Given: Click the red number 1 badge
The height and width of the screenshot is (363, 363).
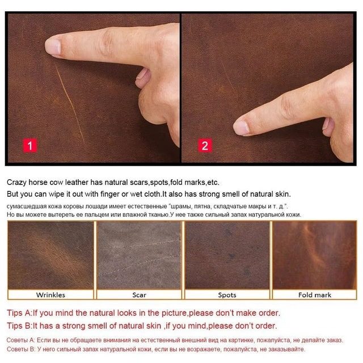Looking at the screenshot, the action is [x=30, y=146].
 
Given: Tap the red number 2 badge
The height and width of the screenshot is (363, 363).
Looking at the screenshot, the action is [x=205, y=145].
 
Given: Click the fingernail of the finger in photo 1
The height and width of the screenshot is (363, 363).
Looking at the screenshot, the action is [x=53, y=47].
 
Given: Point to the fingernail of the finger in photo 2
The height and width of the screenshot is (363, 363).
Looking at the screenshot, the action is [x=241, y=128].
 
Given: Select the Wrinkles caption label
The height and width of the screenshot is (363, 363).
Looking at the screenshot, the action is [x=50, y=295].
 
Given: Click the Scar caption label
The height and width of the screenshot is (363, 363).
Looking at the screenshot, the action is [x=139, y=295].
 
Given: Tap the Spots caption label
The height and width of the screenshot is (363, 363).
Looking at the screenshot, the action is [x=227, y=295].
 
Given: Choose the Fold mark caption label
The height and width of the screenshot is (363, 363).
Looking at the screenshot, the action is [x=315, y=295].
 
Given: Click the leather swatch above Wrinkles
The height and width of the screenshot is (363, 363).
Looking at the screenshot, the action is [x=50, y=255].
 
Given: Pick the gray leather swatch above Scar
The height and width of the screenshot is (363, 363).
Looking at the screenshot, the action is [x=139, y=255].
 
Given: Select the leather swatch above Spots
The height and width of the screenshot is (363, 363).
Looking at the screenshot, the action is [x=227, y=255].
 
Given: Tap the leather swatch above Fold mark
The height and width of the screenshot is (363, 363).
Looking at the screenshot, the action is [x=315, y=255].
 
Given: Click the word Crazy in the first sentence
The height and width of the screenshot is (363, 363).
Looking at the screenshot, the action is [x=16, y=183].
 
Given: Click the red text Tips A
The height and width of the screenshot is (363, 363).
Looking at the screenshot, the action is [x=19, y=313].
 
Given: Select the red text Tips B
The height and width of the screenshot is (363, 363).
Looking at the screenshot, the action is [x=19, y=326].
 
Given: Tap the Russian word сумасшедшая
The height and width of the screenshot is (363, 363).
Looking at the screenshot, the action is [x=27, y=206].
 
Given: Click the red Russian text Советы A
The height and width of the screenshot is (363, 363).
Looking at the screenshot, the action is [x=20, y=340].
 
